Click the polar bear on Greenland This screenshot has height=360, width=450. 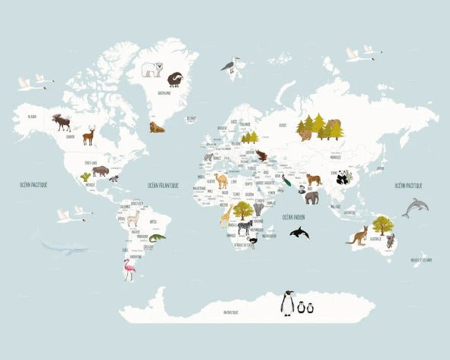point(152,70)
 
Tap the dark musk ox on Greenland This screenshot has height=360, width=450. point(175,78)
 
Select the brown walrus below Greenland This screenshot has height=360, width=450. point(157,127)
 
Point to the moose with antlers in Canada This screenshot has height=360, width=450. point(61,122)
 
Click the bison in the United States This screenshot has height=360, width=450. point(100,171)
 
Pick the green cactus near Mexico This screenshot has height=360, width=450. point(85,177)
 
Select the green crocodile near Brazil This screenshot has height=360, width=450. point(155,239)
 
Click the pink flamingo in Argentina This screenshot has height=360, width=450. point(127,269)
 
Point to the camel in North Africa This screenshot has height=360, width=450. point(220,180)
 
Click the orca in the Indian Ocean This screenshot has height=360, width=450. point(298,234)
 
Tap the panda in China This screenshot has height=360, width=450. point(342,177)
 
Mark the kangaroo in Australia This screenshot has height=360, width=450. point(357,235)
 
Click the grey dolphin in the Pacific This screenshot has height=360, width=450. point(415,206)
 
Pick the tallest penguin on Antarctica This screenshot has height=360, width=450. point(287,303)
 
